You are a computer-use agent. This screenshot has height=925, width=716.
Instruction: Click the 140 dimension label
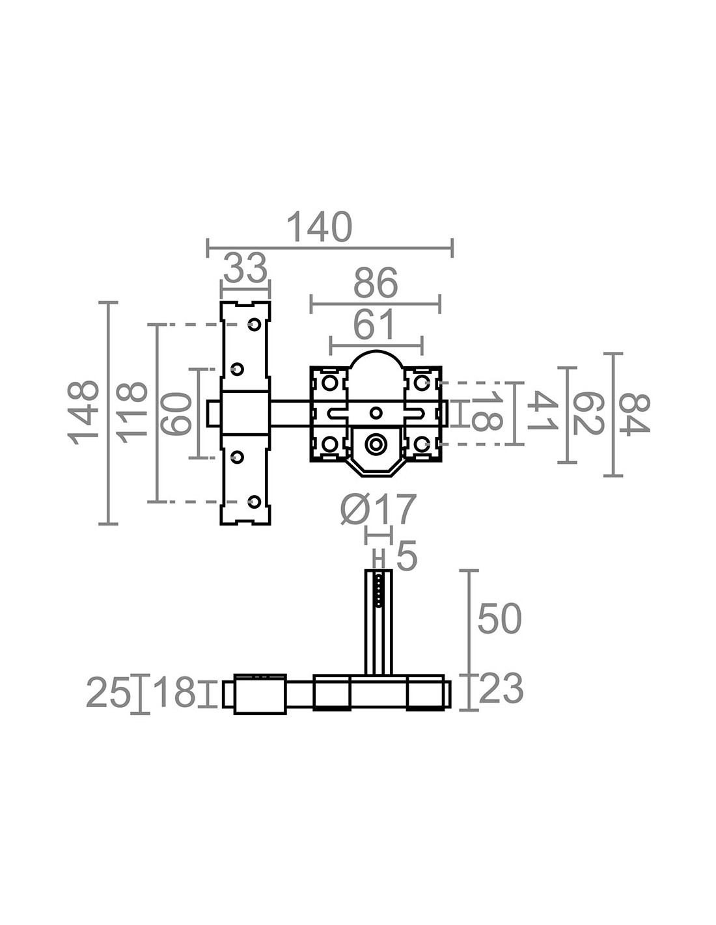[320, 227]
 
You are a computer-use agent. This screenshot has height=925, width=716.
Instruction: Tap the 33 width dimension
[245, 268]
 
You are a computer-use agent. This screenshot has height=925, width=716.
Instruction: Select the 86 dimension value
[376, 283]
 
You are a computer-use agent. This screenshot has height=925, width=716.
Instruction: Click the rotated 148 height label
[83, 413]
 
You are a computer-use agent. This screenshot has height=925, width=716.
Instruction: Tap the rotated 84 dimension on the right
[634, 413]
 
